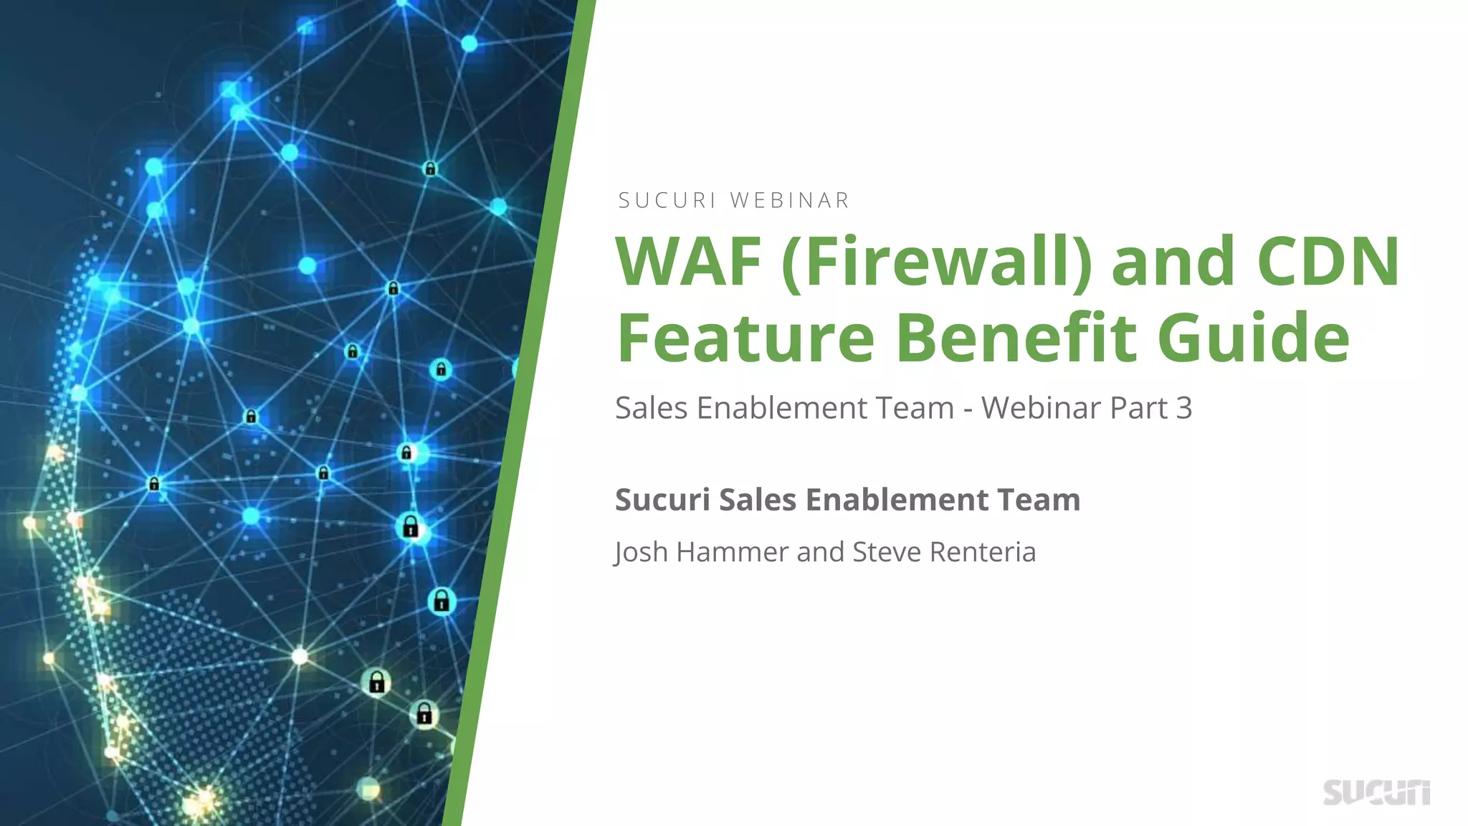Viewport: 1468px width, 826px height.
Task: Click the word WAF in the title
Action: pos(689,262)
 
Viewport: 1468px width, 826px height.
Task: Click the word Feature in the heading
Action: pos(745,338)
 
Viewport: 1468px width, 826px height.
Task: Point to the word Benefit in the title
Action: pos(1016,338)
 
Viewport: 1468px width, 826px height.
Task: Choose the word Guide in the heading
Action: pos(1254,338)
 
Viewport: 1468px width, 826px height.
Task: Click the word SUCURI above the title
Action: pos(667,201)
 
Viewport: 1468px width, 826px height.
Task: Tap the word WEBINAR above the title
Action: pos(790,201)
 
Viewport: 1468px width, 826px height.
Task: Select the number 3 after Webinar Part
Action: pos(1184,408)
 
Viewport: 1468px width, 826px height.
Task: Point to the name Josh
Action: pos(642,552)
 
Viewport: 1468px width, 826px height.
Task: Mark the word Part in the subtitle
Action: pos(1138,408)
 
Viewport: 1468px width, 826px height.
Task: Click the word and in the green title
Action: pos(1173,262)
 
